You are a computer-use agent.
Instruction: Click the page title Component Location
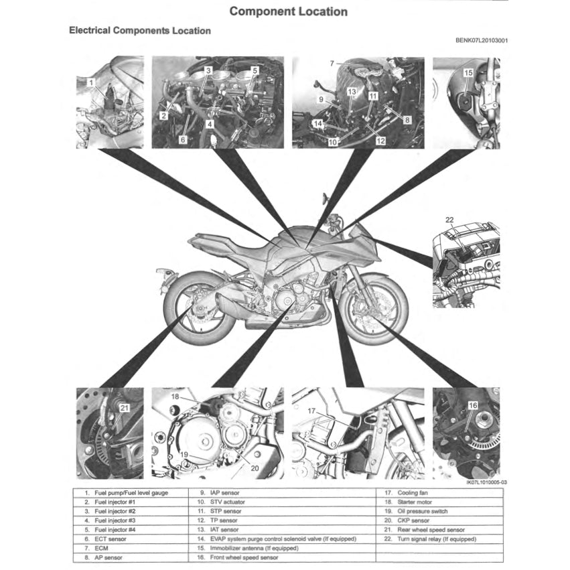[288, 11]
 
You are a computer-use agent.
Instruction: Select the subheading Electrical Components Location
[140, 31]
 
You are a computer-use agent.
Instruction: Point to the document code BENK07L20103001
[481, 40]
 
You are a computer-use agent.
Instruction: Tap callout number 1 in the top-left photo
[91, 82]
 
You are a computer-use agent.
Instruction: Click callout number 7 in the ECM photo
[332, 63]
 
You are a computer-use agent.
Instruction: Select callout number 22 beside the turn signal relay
[449, 220]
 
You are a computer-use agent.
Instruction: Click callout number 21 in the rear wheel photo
[124, 407]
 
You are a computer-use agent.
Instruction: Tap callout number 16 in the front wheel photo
[472, 405]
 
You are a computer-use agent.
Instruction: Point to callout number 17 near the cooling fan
[311, 411]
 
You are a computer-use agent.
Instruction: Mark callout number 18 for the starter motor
[175, 397]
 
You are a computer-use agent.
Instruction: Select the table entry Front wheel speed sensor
[244, 557]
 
